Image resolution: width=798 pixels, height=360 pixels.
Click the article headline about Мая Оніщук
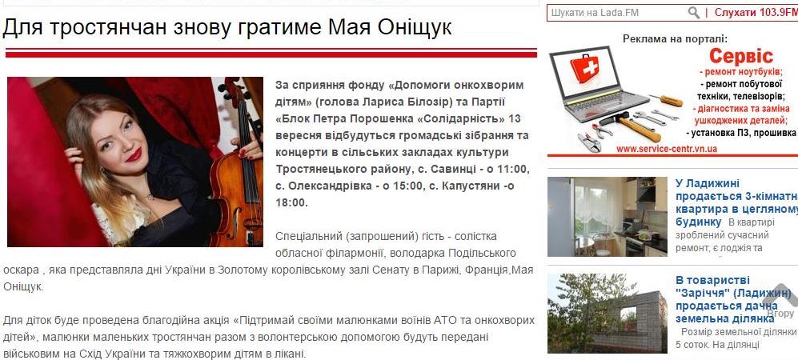coord(227,27)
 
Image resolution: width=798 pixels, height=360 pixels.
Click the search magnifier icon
coord(693,13)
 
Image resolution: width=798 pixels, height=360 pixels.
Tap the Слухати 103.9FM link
coord(755,13)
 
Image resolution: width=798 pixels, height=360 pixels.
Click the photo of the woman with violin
coord(134,162)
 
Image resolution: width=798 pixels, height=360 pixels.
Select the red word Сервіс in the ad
coord(741,56)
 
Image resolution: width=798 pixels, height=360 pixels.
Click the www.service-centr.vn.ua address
coord(667,149)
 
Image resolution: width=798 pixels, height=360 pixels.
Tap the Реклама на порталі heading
coord(675,38)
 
